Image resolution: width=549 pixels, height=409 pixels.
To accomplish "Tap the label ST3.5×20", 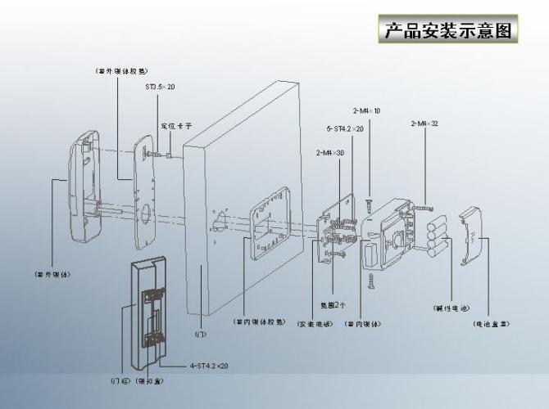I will click(160, 86).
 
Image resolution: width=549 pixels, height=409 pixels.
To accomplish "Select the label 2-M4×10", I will click(366, 110).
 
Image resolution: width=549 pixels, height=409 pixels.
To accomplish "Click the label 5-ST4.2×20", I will click(345, 128).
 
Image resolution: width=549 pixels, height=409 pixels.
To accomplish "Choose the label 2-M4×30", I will click(329, 153).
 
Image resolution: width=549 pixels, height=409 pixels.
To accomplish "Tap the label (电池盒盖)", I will click(492, 323).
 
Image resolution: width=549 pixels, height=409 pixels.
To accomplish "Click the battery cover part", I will click(474, 237).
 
